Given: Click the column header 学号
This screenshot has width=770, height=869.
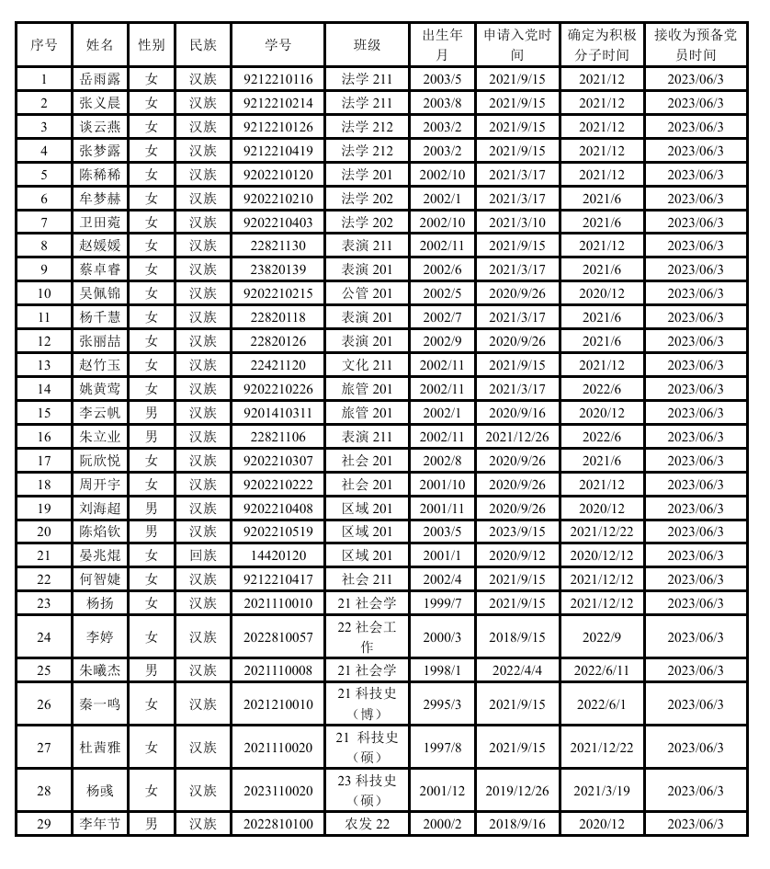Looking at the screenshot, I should click(x=277, y=44).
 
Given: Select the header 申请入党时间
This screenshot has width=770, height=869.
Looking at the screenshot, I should click(x=517, y=44).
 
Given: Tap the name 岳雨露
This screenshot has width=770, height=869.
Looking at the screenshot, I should click(x=100, y=79).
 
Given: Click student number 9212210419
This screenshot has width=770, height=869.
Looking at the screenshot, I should click(x=277, y=151).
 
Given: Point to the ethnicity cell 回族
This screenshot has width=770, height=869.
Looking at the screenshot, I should click(x=203, y=555).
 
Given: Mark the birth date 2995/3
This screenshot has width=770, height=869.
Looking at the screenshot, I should click(x=443, y=704).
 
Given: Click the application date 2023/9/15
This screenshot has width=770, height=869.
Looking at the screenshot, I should click(x=517, y=532).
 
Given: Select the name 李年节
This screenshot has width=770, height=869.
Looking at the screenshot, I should click(x=100, y=823).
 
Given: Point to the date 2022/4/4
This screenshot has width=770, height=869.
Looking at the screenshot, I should click(x=517, y=670).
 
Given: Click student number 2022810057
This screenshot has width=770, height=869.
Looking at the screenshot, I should click(x=277, y=636).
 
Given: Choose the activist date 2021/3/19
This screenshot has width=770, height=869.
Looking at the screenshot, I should click(x=602, y=790).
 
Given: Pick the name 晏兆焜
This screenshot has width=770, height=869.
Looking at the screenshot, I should click(x=100, y=555).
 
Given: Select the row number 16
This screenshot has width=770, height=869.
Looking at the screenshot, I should click(x=44, y=437).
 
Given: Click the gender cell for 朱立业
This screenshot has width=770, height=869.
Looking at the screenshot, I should click(x=152, y=437).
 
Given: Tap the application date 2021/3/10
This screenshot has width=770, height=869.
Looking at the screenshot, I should click(x=517, y=223).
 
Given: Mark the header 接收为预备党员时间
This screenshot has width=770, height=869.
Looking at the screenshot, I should click(x=695, y=44).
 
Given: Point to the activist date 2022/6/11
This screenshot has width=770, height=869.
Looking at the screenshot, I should click(x=602, y=670).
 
